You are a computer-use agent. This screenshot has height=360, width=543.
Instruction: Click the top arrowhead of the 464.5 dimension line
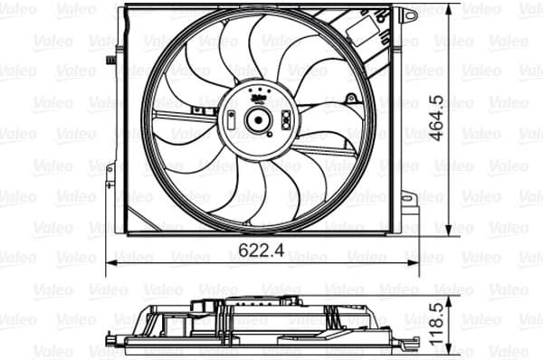point(439,8)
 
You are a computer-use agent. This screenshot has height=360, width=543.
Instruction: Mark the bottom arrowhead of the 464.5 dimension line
point(439,231)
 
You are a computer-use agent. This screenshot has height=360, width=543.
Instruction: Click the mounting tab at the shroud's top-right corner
point(409,15)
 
